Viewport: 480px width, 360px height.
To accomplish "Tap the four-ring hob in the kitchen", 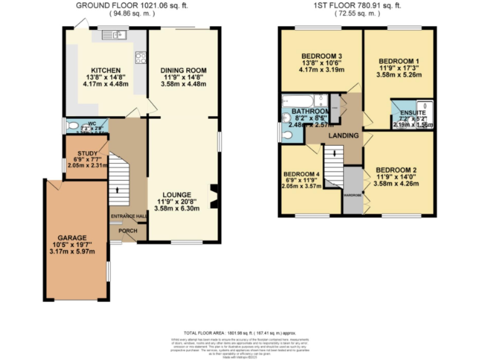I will pyautogui.click(x=141, y=58).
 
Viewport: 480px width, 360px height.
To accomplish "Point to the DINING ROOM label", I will pyautogui.click(x=183, y=69).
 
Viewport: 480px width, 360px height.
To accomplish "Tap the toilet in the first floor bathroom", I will pyautogui.click(x=287, y=134).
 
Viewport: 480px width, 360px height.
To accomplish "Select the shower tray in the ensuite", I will pyautogui.click(x=424, y=107).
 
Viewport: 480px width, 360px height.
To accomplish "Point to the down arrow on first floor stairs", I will pyautogui.click(x=334, y=153).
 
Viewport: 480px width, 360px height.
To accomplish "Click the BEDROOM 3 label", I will pyautogui.click(x=322, y=53).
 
